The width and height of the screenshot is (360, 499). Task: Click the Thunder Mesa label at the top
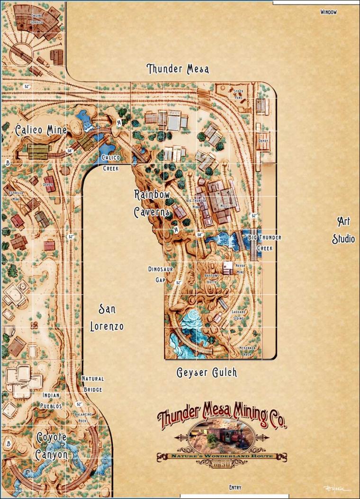(x=178, y=69)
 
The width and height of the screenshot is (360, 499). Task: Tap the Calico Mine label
(x=40, y=130)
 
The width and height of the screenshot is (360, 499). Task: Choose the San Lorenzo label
(x=107, y=318)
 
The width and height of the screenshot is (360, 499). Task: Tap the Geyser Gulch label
(x=207, y=373)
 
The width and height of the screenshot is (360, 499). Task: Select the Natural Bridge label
(x=92, y=384)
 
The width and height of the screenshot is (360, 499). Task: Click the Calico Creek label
(x=110, y=162)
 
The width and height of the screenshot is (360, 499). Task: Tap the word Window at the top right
(x=328, y=12)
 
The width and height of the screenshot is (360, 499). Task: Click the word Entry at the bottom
(x=235, y=487)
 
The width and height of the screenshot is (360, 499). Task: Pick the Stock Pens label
(x=238, y=94)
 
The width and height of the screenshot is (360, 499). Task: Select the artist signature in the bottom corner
(x=335, y=488)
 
